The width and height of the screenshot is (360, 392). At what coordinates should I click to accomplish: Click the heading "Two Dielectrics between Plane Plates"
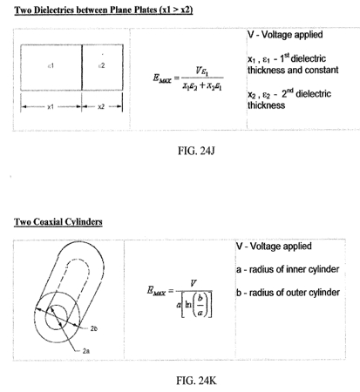pos(86,10)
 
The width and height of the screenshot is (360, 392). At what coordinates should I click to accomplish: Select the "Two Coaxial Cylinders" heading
pos(58,222)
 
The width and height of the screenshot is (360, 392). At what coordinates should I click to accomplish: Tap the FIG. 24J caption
pos(196,151)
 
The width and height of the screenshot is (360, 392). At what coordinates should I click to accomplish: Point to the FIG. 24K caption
pos(196,381)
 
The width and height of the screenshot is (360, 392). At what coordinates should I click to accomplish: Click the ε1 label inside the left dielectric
pos(51,66)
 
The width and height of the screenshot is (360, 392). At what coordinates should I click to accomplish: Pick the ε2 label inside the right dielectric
pos(101,65)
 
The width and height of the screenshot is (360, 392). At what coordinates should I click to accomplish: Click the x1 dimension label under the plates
pos(51,107)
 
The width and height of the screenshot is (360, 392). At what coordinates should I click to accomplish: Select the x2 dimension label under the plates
pos(101,107)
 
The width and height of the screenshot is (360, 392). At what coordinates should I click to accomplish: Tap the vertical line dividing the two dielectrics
pos(82,67)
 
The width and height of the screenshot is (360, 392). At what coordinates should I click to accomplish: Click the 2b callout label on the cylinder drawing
pos(93,328)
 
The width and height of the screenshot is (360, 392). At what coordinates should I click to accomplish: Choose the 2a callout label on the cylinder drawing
pos(85,351)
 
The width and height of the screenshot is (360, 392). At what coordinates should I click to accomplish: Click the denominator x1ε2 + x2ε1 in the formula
pos(202,86)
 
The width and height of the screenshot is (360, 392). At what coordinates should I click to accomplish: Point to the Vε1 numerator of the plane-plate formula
pos(202,71)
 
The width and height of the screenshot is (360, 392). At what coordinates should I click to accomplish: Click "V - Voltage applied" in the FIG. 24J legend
pos(285,35)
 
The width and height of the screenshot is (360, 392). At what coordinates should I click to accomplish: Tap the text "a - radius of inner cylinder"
pos(288,269)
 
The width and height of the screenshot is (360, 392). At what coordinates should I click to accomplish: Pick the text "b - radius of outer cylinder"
pos(288,293)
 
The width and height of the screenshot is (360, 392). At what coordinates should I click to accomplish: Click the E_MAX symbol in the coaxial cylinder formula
pos(157,291)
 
